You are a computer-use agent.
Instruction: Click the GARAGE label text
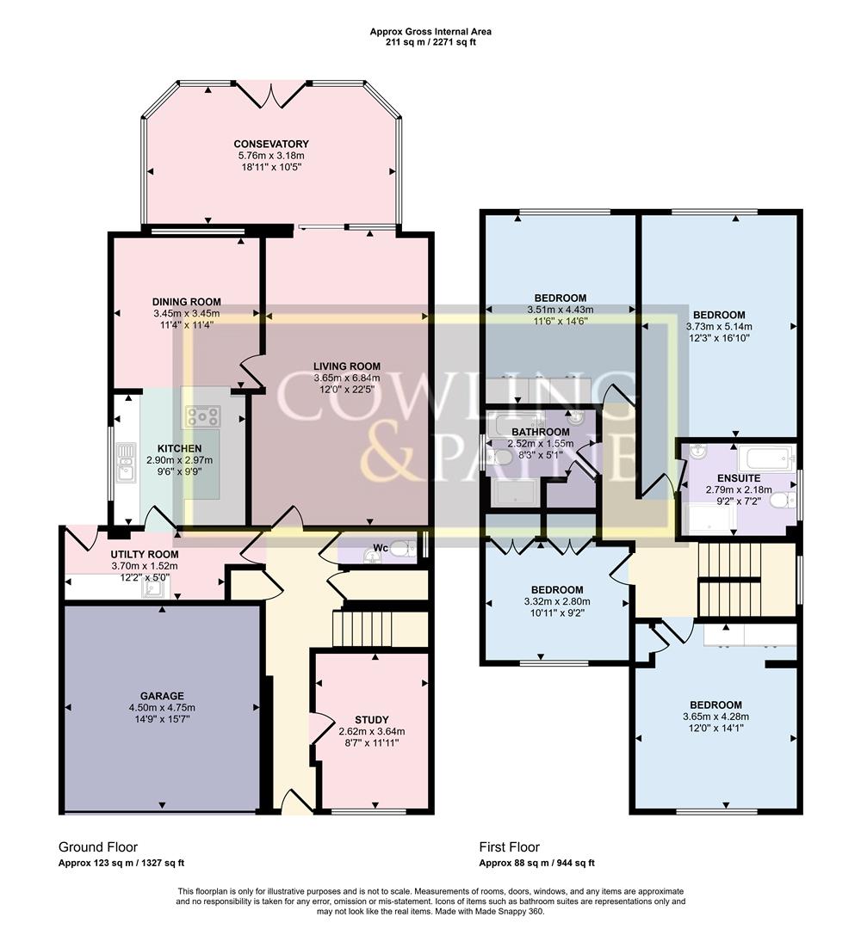point(162,696)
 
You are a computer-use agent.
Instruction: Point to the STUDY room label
point(372,720)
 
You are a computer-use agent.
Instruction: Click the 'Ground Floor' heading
point(98,847)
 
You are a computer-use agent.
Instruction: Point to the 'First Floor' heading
point(510,847)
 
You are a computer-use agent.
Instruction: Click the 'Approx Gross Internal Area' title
point(430,32)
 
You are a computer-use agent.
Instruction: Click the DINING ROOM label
point(187,302)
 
